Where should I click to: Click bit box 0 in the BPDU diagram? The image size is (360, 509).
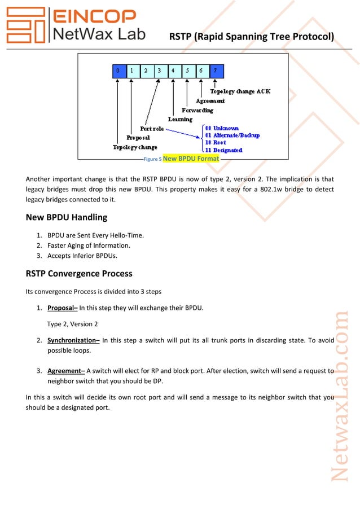117,71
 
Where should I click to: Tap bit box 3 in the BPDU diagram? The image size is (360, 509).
159,71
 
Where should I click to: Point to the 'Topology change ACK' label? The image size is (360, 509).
240,91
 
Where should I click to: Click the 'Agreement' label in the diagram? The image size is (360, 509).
210,101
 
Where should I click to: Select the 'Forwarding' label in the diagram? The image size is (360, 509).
197,110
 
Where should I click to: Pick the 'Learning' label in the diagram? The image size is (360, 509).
180,119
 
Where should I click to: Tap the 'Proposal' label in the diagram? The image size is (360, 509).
138,137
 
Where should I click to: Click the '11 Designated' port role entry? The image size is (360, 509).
224,150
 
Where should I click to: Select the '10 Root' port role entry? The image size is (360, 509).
216,143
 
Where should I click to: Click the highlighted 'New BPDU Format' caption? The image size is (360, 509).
191,159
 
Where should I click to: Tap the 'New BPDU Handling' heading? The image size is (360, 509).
67,217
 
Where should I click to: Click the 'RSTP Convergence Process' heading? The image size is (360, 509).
79,274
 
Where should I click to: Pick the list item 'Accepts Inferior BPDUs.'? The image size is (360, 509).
86,256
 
